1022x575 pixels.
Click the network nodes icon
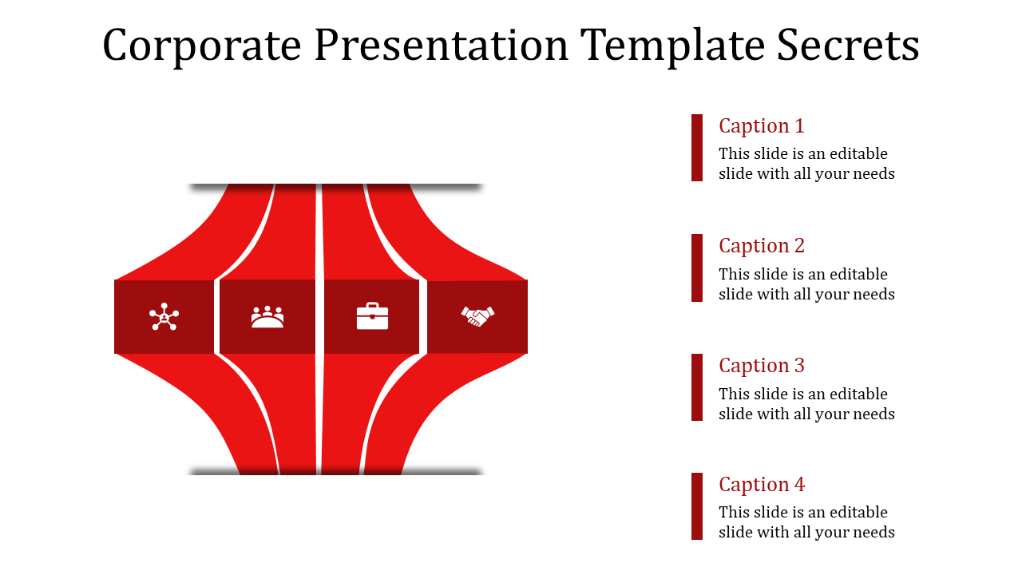[x=164, y=317]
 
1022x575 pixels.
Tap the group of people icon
[x=267, y=317]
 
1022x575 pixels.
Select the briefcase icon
[x=372, y=316]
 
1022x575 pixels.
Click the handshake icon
[x=477, y=316]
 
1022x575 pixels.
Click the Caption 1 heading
[x=761, y=126]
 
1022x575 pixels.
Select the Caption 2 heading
[x=761, y=246]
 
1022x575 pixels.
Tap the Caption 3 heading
[x=761, y=366]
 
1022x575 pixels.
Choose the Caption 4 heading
[x=761, y=485]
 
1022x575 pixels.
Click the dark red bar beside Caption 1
[x=697, y=148]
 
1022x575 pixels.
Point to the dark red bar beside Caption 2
[x=697, y=268]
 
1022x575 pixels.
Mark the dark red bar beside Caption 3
[x=697, y=387]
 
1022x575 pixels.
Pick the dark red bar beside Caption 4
[x=697, y=506]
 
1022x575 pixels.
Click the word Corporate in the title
[x=202, y=46]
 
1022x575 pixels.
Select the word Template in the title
[x=674, y=46]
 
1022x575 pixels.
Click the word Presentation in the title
[x=442, y=46]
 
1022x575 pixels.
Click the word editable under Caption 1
[x=858, y=154]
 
